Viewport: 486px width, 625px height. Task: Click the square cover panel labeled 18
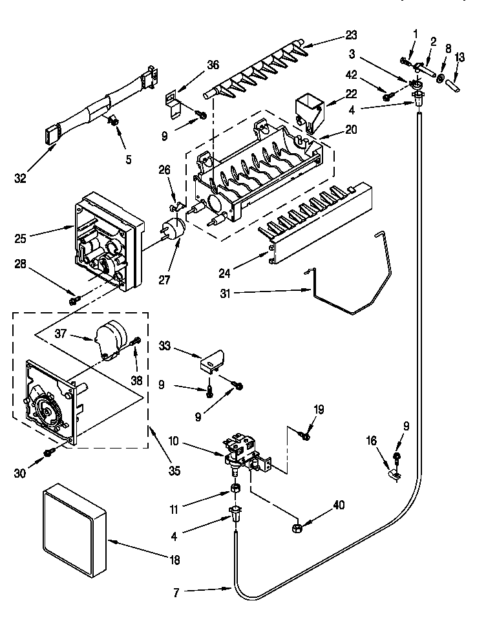click(72, 533)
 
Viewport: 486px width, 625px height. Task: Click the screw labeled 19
click(305, 438)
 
